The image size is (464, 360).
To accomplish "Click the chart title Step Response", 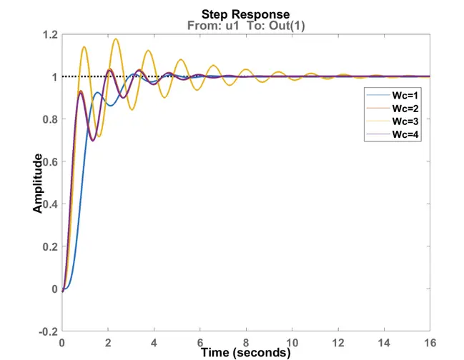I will pos(245,14).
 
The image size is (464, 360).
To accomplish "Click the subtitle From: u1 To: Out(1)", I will pos(245,26).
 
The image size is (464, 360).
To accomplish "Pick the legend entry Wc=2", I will pos(404,109).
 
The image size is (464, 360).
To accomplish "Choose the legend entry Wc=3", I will pos(404,121).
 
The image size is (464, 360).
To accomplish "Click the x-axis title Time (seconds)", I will pos(245,352).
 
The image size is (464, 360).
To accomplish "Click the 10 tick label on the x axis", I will pos(292,341).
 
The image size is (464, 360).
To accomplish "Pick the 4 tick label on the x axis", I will pos(154,341).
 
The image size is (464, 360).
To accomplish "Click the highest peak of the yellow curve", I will pos(116,39).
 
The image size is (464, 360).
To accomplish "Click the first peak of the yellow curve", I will pos(84,47).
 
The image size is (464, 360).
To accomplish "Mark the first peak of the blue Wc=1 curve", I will pos(97,92).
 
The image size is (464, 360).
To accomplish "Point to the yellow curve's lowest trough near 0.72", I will pos(99,136).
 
